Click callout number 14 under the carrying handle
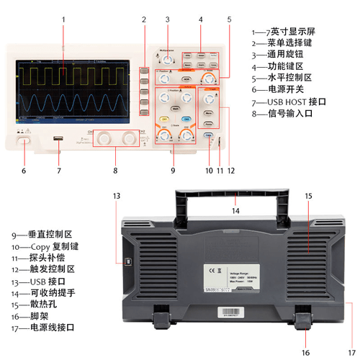pyautogui.click(x=235, y=211)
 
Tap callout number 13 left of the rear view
pyautogui.click(x=116, y=195)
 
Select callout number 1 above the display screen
pyautogui.click(x=63, y=19)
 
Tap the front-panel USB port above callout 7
pyautogui.click(x=58, y=139)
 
